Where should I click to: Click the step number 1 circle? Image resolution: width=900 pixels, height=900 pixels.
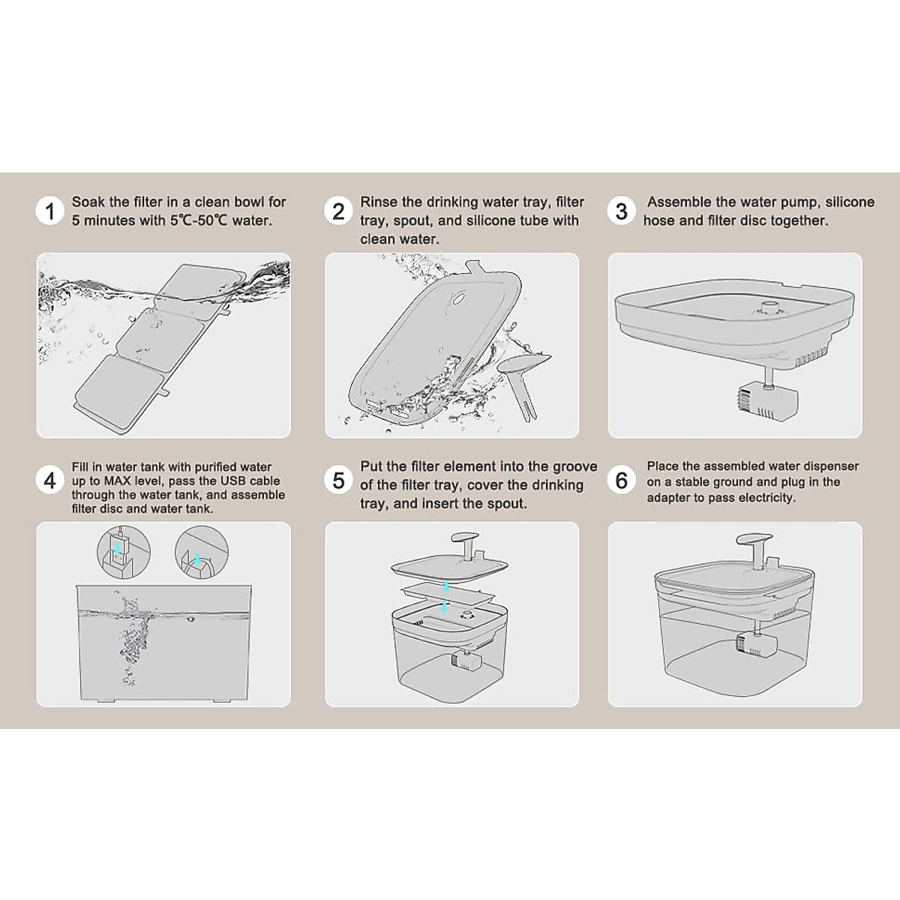49,211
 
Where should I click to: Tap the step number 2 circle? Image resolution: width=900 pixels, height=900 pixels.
338,211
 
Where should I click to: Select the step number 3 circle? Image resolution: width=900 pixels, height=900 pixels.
621,211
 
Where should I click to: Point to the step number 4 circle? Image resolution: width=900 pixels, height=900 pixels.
49,481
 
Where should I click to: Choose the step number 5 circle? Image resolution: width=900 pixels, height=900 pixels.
338,481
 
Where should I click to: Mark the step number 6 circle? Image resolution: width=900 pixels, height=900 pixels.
621,481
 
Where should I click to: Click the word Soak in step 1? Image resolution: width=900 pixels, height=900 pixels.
88,202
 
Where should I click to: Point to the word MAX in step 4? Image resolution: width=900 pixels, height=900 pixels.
117,481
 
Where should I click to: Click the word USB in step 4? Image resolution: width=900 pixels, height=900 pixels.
232,481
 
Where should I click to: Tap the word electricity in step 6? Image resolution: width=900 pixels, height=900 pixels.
767,498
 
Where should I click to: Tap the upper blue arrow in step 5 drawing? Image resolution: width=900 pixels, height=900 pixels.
446,586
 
